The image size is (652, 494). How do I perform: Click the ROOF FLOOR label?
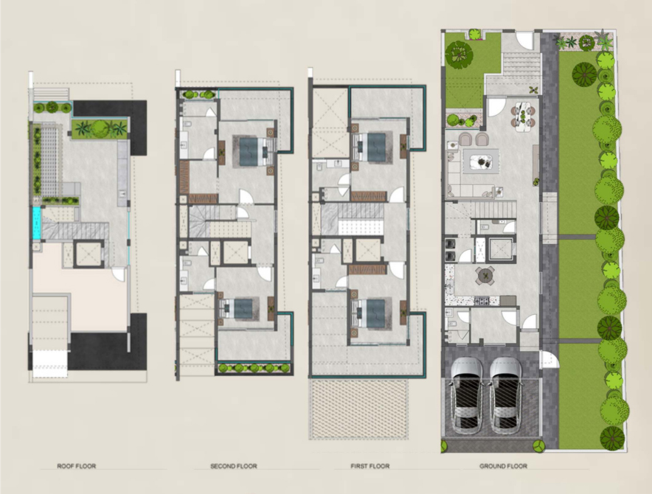point(77,466)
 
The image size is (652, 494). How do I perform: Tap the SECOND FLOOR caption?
point(234,466)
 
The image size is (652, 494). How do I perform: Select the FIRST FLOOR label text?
point(370,466)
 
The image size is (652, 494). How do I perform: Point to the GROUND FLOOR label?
point(503,466)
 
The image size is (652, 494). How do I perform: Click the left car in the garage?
point(467,395)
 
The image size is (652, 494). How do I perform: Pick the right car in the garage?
point(505,395)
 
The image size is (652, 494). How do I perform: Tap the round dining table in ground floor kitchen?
point(485,275)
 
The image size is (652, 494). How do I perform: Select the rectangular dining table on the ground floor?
point(523,116)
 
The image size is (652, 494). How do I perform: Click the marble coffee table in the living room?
point(481,161)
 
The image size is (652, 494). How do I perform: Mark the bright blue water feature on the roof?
point(37,223)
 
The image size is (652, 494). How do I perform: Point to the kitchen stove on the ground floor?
point(482,300)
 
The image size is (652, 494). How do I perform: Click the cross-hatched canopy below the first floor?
point(358,408)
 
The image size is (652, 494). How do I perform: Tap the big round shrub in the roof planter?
point(100,129)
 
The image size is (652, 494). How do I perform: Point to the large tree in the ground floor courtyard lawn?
point(459,55)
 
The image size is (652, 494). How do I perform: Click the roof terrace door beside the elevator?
point(119,274)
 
